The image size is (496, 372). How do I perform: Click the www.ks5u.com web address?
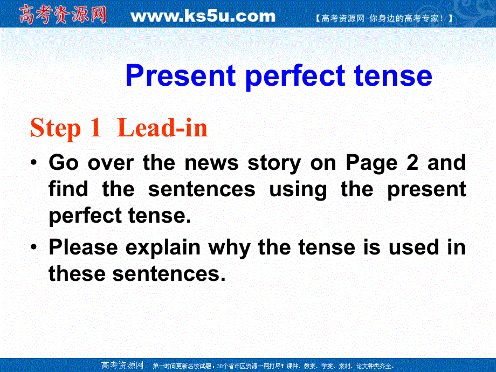[203, 16]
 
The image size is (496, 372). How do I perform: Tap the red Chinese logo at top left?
[63, 15]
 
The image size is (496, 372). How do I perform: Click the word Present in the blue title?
[181, 76]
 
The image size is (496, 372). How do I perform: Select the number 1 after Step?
[95, 129]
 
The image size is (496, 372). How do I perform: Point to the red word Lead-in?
[162, 129]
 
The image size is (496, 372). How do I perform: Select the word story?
[274, 162]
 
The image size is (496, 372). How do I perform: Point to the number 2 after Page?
[412, 162]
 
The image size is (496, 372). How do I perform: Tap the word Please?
[84, 247]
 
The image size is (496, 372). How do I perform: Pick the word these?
[77, 274]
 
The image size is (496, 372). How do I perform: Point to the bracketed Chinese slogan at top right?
[383, 18]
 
